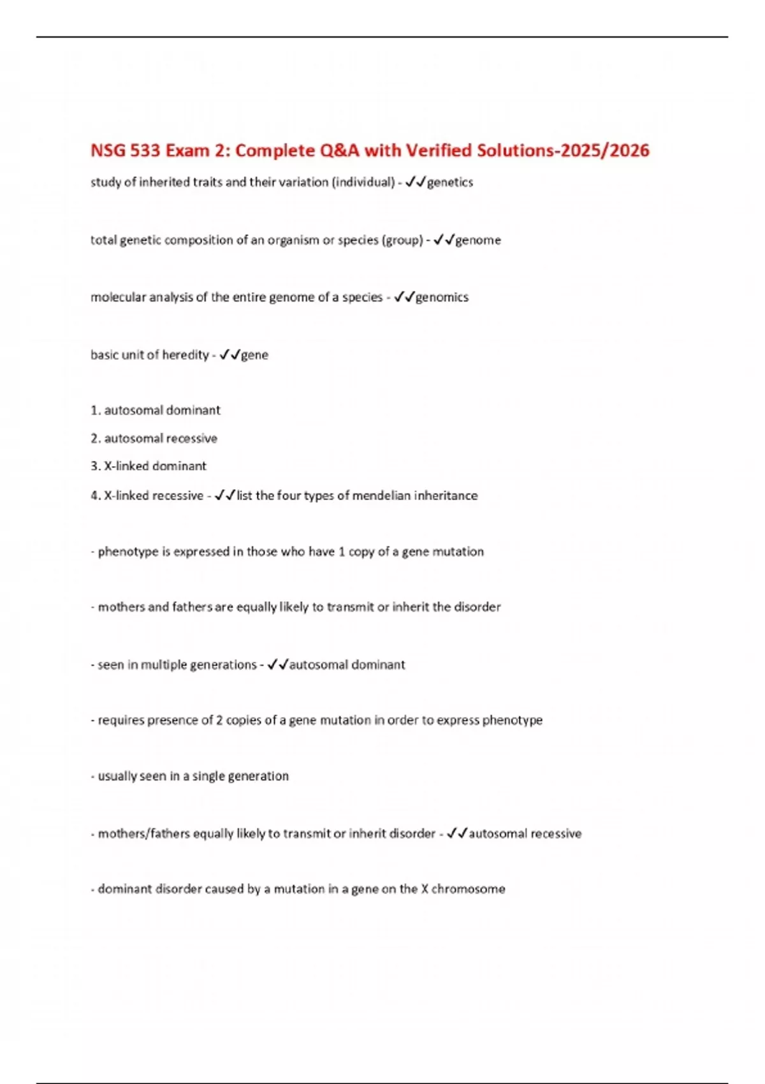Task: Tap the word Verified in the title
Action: point(439,150)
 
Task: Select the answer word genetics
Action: point(450,182)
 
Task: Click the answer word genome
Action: point(478,240)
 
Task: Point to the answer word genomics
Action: point(442,297)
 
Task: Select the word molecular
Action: point(117,297)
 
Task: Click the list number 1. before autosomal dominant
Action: point(96,410)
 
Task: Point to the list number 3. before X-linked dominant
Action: point(96,466)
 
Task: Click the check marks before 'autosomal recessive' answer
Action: point(457,833)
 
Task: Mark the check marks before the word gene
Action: point(229,355)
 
